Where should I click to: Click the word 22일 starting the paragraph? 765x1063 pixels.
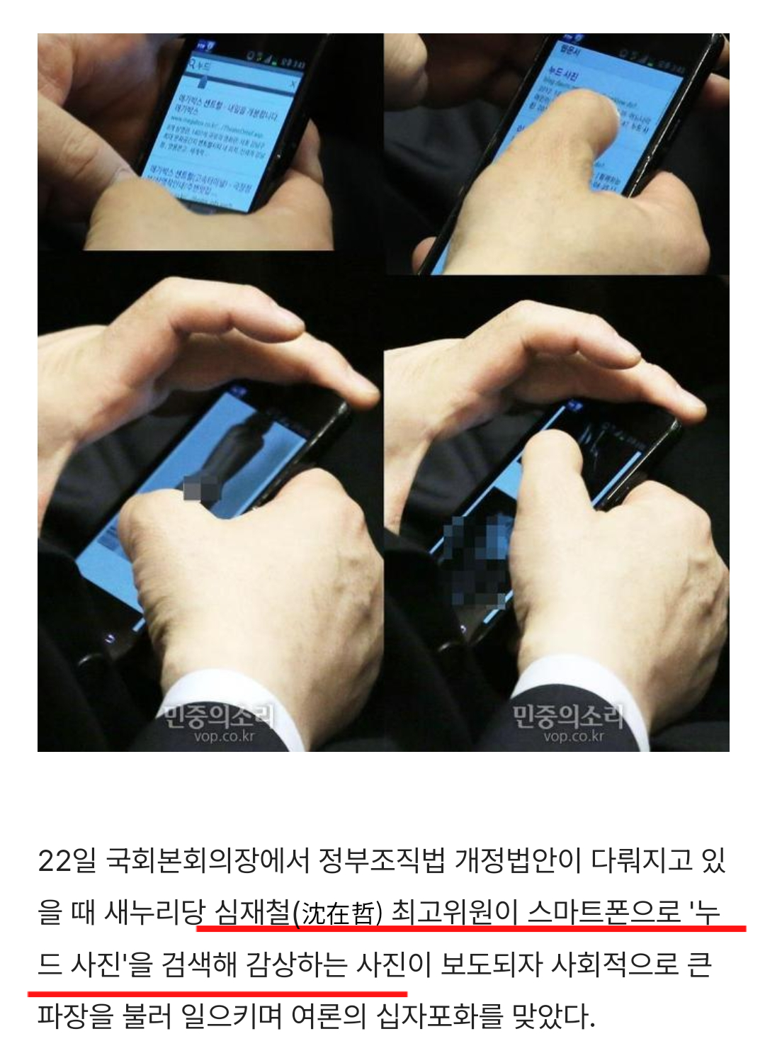tap(65, 861)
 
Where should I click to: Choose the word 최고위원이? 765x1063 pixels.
tap(455, 913)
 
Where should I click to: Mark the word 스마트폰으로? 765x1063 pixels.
tap(605, 913)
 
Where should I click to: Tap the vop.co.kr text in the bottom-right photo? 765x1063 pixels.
tap(574, 737)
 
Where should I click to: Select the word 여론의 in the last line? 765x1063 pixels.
tap(329, 1017)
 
